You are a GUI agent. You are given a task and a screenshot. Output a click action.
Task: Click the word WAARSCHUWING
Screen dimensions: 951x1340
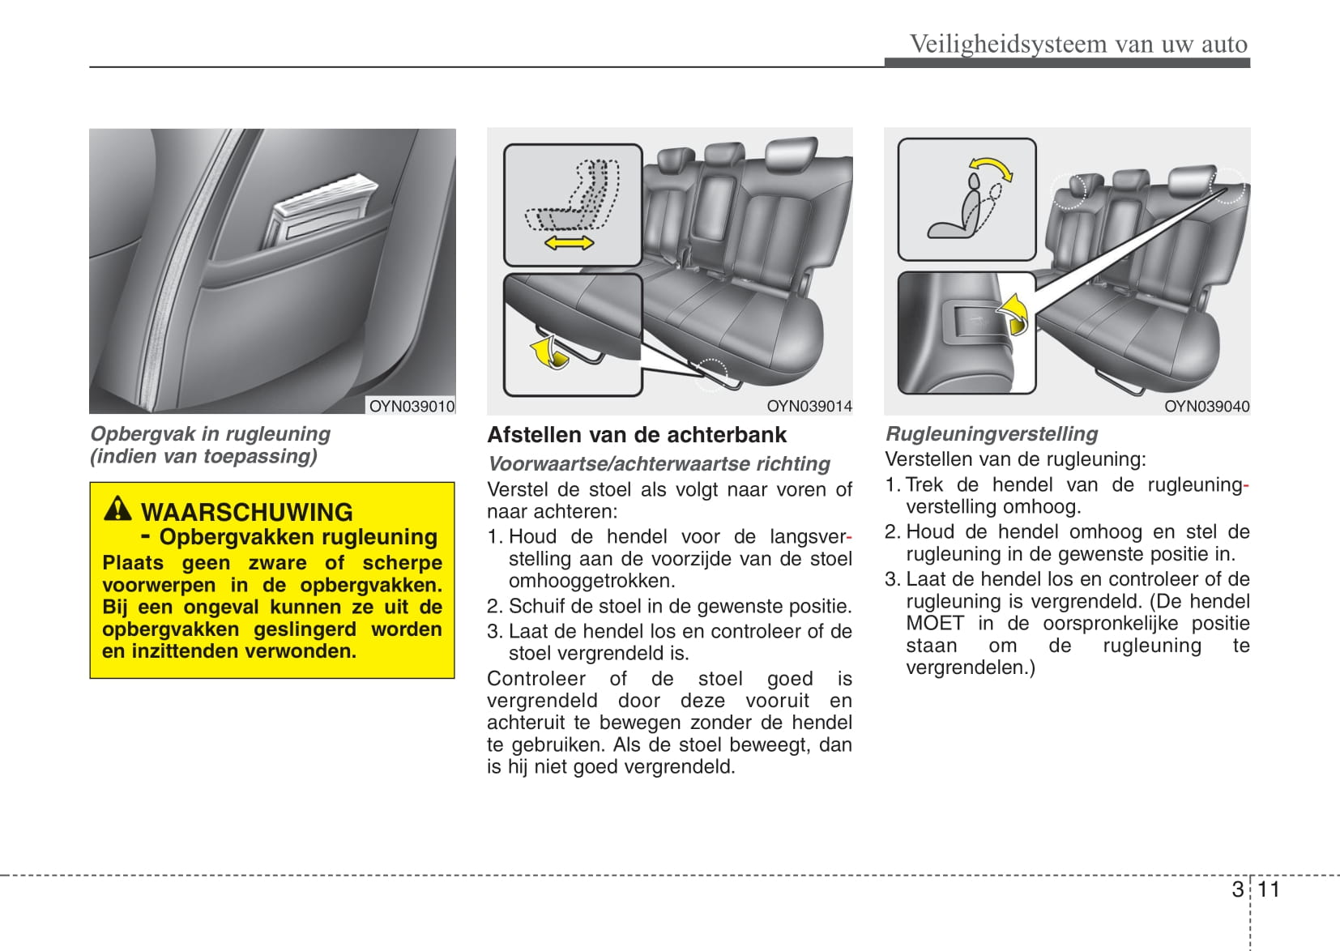[x=247, y=512]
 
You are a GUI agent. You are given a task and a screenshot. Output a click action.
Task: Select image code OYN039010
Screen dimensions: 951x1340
[x=412, y=406]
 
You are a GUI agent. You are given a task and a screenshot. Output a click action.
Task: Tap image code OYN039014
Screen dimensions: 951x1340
[x=809, y=406]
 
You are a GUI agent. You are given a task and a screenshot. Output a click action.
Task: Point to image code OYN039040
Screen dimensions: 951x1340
[x=1206, y=406]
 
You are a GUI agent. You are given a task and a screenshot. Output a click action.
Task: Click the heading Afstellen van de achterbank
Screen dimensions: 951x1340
[x=636, y=435]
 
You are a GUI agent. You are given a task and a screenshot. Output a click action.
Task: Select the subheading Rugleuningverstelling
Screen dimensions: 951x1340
[x=992, y=433]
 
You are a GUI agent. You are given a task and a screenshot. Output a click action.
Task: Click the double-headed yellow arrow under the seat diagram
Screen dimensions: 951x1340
[x=569, y=241]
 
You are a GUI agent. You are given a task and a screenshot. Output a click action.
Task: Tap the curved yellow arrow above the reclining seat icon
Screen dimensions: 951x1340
[x=992, y=168]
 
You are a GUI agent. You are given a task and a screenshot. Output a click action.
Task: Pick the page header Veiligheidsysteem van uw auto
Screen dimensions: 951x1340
[x=1078, y=44]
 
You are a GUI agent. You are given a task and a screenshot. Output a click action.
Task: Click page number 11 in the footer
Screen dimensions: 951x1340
[x=1268, y=889]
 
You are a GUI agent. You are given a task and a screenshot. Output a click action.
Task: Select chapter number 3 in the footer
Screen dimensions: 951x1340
[x=1237, y=889]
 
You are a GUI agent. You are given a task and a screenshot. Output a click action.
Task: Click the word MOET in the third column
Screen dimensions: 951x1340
[x=935, y=623]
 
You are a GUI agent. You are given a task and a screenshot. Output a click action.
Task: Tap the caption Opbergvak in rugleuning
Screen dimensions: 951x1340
[x=210, y=434]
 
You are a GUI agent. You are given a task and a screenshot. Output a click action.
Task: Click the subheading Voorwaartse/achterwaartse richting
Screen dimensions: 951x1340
[x=659, y=463]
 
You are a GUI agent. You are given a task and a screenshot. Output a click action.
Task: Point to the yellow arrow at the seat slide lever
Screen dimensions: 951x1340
[x=548, y=353]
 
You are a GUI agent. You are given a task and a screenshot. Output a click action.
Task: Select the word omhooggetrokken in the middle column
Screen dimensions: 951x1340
[x=591, y=581]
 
